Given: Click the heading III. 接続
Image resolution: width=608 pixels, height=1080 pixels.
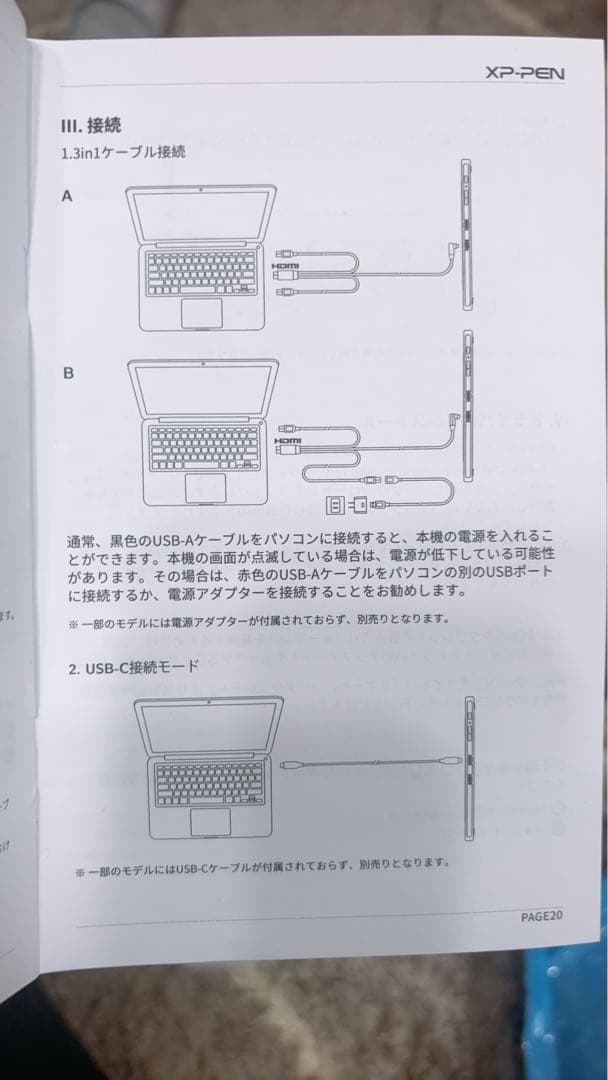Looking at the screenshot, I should click(x=91, y=127).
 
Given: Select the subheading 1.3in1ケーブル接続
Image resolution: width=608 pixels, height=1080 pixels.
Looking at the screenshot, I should click(x=122, y=155).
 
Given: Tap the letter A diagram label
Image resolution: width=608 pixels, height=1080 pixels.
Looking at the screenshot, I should click(x=67, y=197).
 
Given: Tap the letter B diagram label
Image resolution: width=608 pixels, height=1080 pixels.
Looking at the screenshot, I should click(x=68, y=373).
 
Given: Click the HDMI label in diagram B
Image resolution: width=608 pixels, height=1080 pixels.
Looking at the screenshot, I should click(x=288, y=441).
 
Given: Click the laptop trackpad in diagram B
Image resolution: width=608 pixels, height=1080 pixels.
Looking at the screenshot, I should click(x=205, y=488).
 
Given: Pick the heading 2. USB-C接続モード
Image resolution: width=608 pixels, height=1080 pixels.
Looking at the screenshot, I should click(x=134, y=665).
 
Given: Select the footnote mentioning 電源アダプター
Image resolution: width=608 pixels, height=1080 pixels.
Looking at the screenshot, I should click(x=258, y=620).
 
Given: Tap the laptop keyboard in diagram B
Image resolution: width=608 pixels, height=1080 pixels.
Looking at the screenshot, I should click(x=205, y=447).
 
